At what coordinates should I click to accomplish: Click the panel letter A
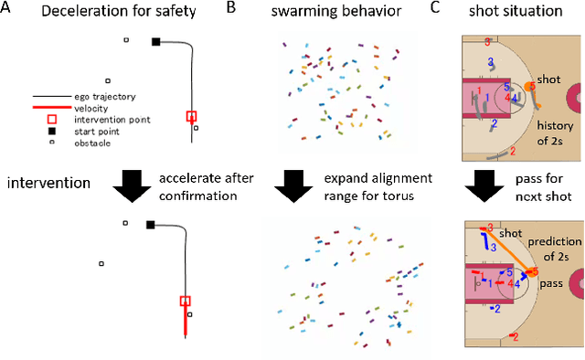pos(7,9)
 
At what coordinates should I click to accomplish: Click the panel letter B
pos(230,9)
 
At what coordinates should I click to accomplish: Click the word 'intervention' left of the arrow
pos(50,184)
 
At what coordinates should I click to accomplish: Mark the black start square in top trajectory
pos(155,41)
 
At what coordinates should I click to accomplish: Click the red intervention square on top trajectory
pos(191,116)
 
